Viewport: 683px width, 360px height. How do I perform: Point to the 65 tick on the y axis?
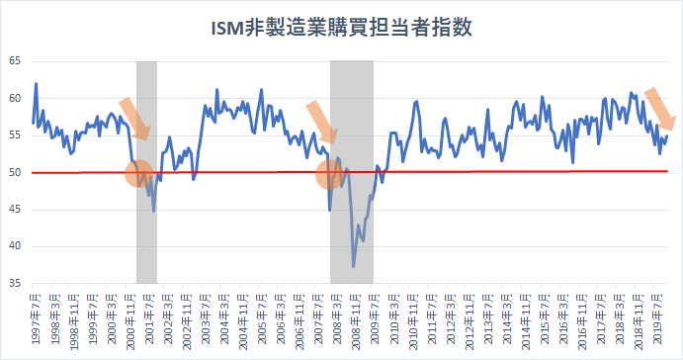[x=15, y=61]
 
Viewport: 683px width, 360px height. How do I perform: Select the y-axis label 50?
[x=15, y=172]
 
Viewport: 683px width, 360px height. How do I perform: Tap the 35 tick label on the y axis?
[x=15, y=284]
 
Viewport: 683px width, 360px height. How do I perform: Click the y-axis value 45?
[x=15, y=210]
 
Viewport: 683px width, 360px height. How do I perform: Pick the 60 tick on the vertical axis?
[x=15, y=98]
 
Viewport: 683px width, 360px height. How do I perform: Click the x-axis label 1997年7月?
[x=36, y=319]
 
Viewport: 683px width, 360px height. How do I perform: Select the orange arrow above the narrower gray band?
[x=134, y=118]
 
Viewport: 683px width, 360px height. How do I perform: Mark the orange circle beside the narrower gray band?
[x=139, y=174]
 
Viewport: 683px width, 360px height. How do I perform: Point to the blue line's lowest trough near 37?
[x=354, y=266]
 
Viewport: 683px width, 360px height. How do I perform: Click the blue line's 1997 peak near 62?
[x=37, y=84]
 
